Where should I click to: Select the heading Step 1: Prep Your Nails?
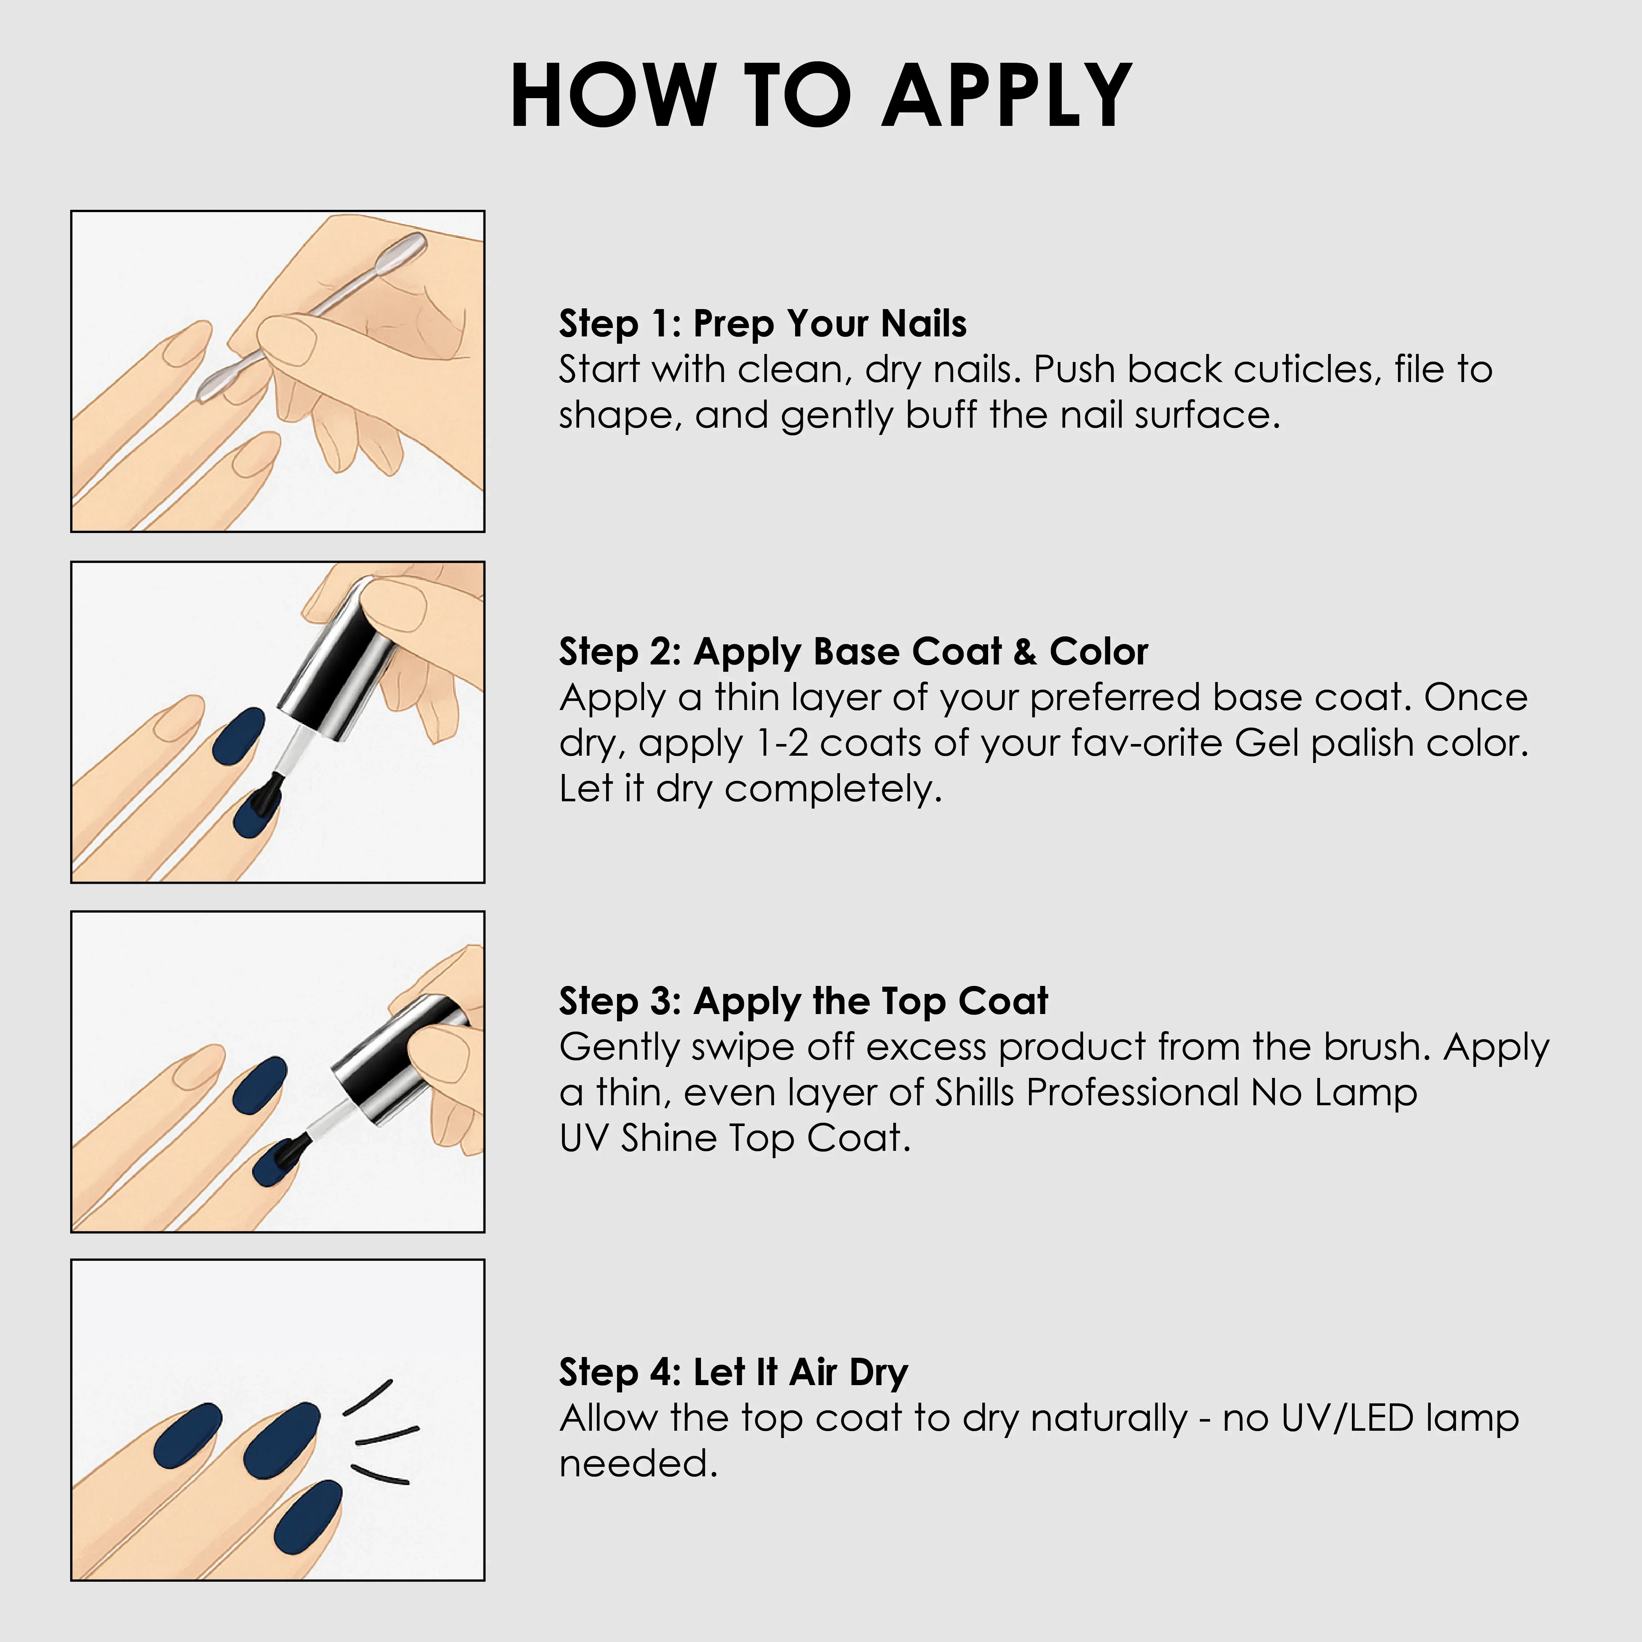pyautogui.click(x=762, y=324)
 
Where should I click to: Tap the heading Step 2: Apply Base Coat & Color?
pyautogui.click(x=853, y=652)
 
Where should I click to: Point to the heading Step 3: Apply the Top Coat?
pyautogui.click(x=803, y=1001)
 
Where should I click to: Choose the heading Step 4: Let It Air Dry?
pyautogui.click(x=733, y=1373)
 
